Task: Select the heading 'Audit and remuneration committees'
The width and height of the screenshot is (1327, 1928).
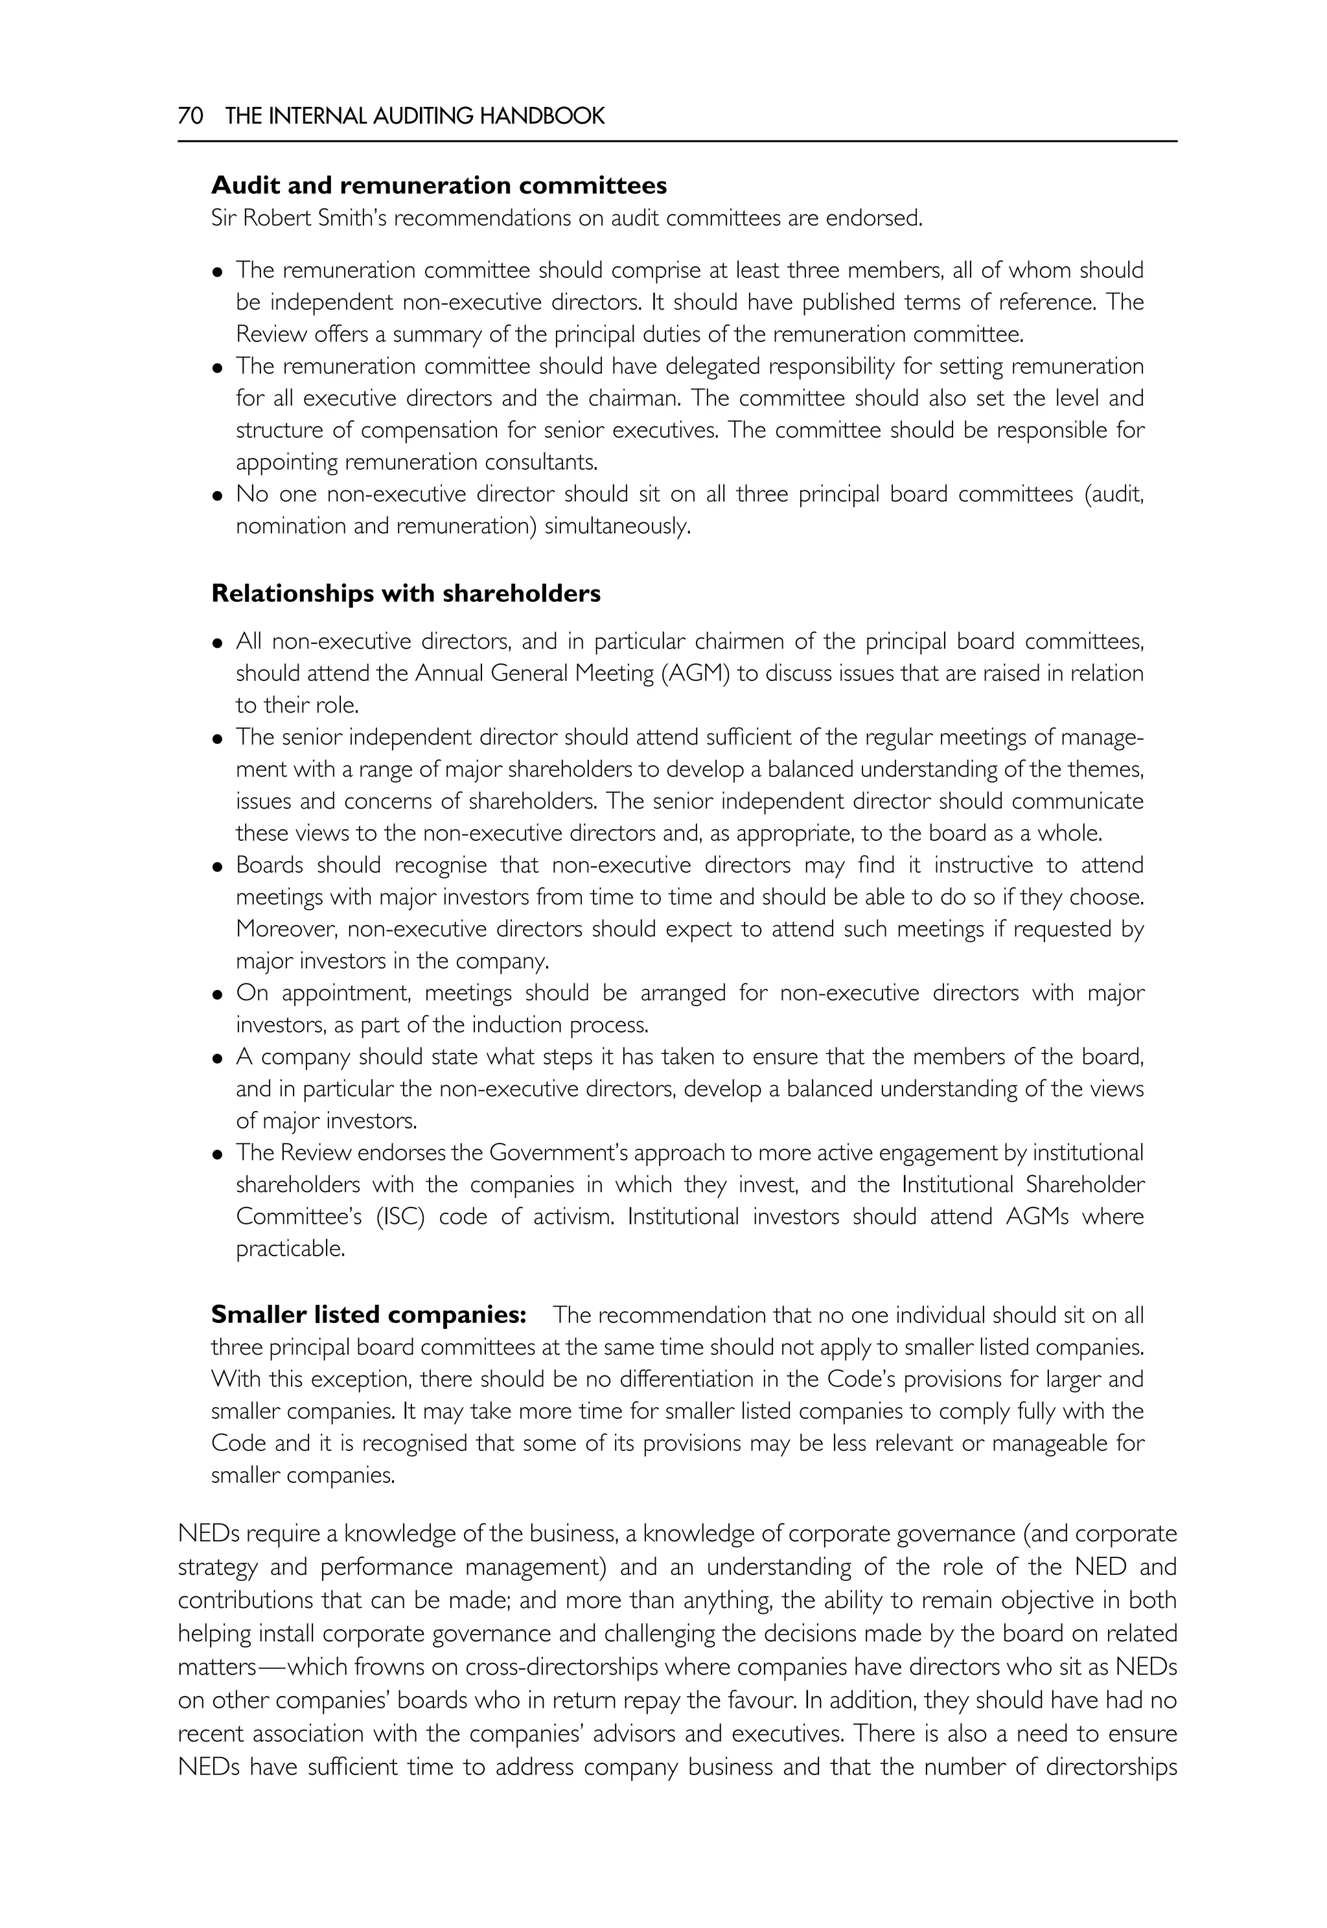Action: tap(439, 185)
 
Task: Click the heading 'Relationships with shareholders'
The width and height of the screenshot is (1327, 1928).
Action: tap(406, 593)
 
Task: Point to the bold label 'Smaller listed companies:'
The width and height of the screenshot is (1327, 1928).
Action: tap(368, 1314)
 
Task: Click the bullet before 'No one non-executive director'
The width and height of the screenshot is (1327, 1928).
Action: tap(218, 496)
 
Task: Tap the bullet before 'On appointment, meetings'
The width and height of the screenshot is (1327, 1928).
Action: tap(218, 995)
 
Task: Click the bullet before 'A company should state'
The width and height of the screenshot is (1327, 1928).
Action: tap(218, 1059)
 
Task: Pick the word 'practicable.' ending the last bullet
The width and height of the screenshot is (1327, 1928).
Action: tap(290, 1249)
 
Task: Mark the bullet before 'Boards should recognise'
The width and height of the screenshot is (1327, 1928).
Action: tap(218, 867)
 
